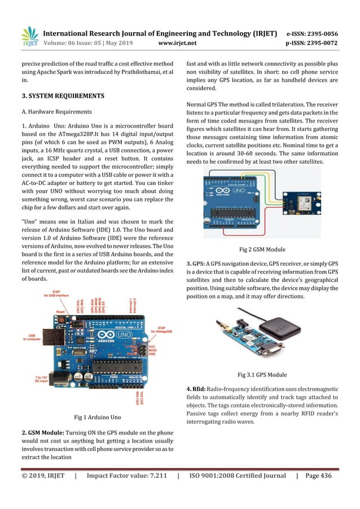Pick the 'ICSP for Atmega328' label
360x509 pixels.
(161, 330)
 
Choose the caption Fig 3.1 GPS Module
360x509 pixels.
(262, 375)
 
